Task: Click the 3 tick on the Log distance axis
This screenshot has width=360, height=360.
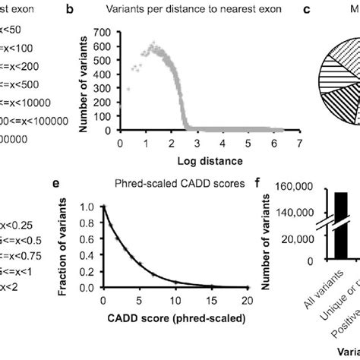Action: pos(197,142)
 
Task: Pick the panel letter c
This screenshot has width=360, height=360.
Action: pos(306,12)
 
